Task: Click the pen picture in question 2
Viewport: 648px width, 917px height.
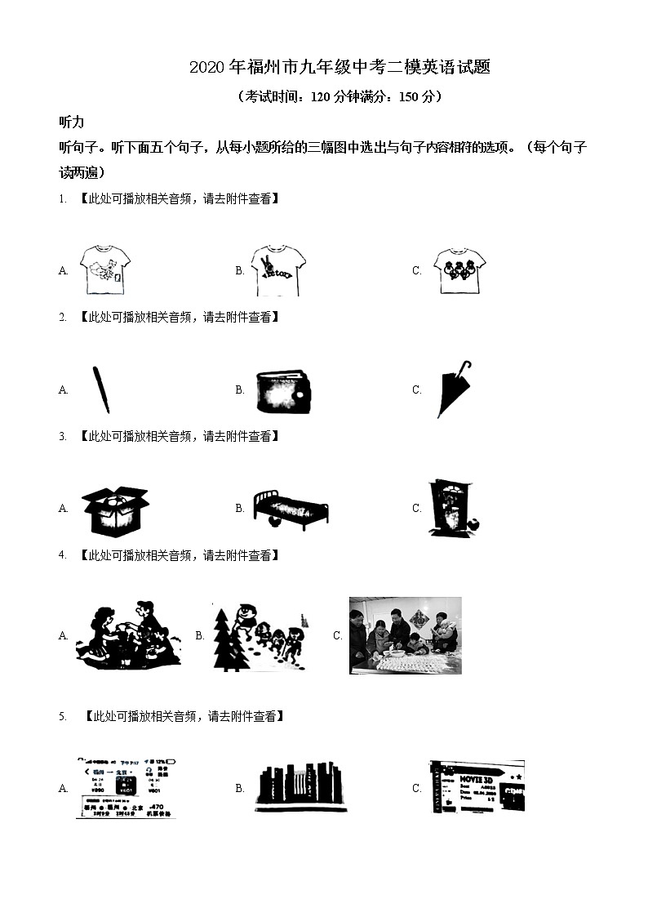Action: pyautogui.click(x=101, y=390)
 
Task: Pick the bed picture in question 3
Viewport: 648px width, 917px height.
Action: pyautogui.click(x=289, y=509)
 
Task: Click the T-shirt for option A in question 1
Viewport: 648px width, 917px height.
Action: pyautogui.click(x=105, y=269)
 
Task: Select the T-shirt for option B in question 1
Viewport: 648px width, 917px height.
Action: pyautogui.click(x=278, y=270)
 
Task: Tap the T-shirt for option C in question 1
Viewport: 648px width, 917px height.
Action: pyautogui.click(x=459, y=269)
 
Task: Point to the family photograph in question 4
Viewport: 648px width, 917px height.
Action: pyautogui.click(x=405, y=635)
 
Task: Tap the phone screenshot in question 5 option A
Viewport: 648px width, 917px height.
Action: pyautogui.click(x=126, y=787)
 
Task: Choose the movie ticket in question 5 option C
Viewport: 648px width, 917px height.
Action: pyautogui.click(x=477, y=786)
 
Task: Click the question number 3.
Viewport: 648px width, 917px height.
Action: pyautogui.click(x=62, y=437)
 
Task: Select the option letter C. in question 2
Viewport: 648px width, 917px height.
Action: pyautogui.click(x=417, y=390)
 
